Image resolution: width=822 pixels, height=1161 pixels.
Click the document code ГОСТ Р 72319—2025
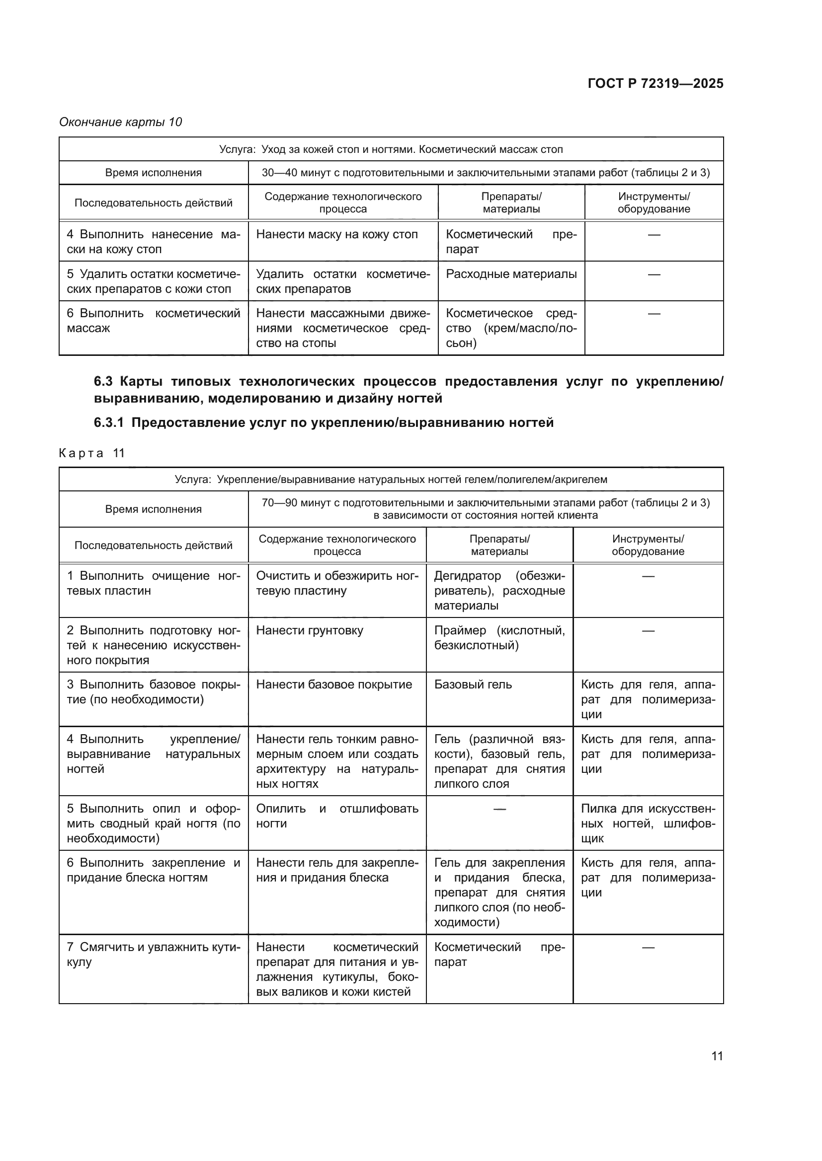coord(655,84)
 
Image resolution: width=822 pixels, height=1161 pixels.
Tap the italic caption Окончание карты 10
coord(120,123)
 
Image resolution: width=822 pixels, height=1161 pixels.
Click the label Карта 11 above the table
coord(91,453)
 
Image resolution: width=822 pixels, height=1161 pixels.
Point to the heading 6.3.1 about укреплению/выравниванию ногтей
coord(324,423)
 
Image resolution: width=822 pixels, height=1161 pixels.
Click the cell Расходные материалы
coord(511,274)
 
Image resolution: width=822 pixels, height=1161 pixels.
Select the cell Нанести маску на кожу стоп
coord(336,235)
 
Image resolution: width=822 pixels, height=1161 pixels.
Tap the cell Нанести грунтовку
coord(309,630)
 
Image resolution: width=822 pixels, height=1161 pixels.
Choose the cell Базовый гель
coord(473,684)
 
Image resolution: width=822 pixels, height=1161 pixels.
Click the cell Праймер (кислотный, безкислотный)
coord(499,638)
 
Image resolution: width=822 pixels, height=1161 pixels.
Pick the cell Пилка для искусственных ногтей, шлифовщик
coord(648,823)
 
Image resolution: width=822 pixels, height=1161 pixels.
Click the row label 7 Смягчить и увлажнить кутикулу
coord(153,954)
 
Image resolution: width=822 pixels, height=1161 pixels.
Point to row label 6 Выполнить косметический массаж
coord(153,321)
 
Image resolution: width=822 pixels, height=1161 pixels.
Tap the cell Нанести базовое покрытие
coord(333,684)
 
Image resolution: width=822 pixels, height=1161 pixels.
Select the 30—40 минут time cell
coord(485,173)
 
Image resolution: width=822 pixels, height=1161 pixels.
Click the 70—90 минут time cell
coord(485,509)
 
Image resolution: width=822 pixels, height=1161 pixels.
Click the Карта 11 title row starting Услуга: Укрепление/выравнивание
coord(391,479)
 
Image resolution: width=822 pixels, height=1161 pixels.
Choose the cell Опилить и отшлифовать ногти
coord(336,816)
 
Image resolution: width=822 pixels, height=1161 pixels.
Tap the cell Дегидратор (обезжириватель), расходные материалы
coord(499,591)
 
